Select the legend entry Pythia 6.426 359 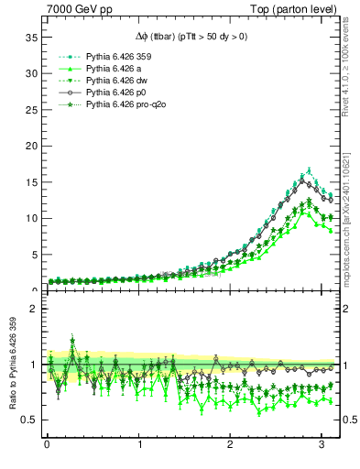(x=111, y=56)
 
